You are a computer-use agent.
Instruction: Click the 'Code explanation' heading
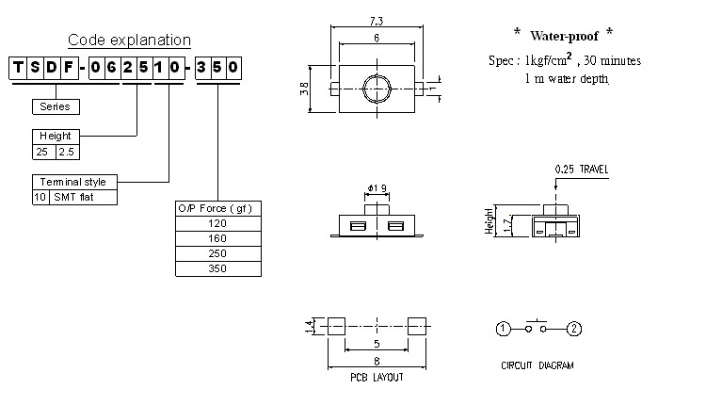[x=129, y=40]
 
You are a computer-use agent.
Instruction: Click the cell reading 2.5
[x=67, y=151]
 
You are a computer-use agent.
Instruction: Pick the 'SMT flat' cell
[x=85, y=197]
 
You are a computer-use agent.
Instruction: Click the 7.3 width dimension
[x=376, y=20]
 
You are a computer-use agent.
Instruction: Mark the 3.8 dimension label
[x=302, y=89]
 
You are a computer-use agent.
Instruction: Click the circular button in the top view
[x=376, y=89]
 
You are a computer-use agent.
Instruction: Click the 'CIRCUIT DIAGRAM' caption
[x=538, y=365]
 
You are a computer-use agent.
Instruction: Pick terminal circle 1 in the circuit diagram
[x=504, y=329]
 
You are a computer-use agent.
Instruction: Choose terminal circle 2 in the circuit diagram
[x=575, y=329]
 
